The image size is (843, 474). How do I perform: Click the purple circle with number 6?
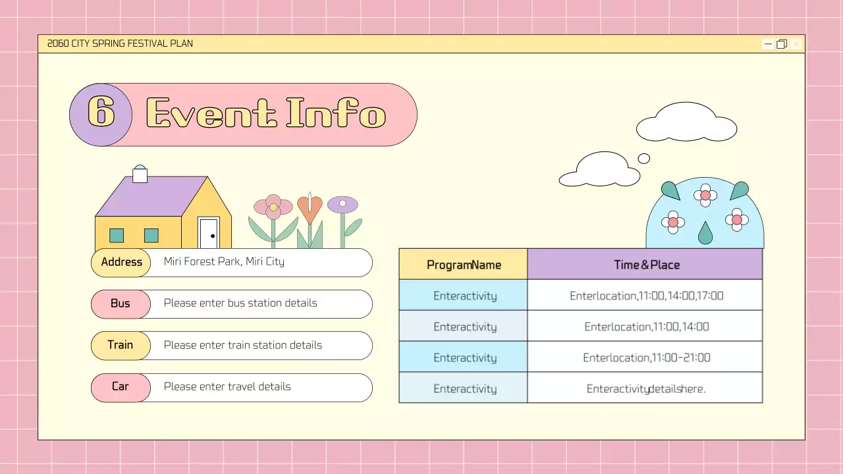[x=101, y=115]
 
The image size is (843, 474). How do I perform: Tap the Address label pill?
[x=121, y=262]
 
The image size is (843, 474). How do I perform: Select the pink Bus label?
[x=121, y=303]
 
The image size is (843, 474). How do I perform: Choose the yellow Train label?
[x=121, y=345]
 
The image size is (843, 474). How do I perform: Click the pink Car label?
[x=121, y=386]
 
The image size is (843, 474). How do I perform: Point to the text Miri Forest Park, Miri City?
[x=224, y=262]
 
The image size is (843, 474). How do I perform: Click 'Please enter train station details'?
[x=242, y=345]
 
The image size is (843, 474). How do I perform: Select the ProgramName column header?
[x=464, y=265]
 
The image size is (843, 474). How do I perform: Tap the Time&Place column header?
[x=646, y=265]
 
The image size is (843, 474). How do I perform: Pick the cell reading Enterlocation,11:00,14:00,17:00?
[x=646, y=296]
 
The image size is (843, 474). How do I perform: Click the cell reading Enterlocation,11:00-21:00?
[x=646, y=357]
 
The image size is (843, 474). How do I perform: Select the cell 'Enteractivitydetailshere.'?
[x=646, y=388]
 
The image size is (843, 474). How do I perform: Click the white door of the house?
[x=209, y=233]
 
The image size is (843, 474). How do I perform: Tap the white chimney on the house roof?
[x=140, y=174]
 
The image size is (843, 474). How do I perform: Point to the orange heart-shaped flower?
[x=310, y=209]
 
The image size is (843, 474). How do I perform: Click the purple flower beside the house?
[x=342, y=205]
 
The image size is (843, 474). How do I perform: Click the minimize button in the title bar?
[x=768, y=44]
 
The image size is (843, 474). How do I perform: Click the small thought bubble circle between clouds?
[x=644, y=159]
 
